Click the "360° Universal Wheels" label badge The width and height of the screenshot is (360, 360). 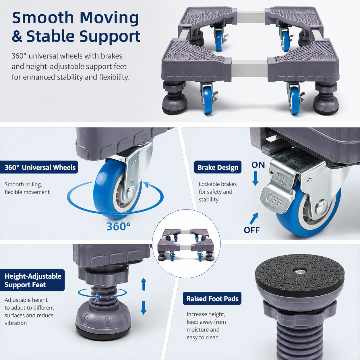pos(39,167)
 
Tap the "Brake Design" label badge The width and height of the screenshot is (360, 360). pos(218,167)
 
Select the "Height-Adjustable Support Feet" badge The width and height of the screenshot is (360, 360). pos(32,280)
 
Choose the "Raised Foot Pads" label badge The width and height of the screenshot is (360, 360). pos(212,299)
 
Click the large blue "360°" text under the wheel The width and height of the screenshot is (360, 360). pos(119,227)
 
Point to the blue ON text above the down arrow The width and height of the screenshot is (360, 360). pos(258,165)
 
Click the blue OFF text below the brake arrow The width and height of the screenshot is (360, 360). pos(252,230)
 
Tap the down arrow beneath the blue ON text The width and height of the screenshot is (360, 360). pos(256,178)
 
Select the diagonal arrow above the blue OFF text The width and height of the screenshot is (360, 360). pos(253,218)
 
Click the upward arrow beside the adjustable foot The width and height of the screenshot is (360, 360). pos(144,284)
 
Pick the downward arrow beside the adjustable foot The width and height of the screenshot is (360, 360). pos(144,308)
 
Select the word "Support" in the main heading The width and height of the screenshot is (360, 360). pos(110,36)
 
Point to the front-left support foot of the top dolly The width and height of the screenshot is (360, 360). pos(174,98)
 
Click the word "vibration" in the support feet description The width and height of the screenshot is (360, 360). pos(16,323)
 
